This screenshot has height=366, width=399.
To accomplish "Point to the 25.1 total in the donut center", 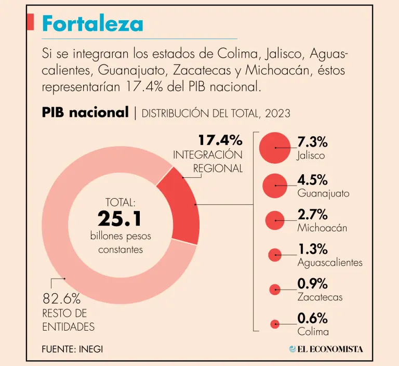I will pyautogui.click(x=119, y=219).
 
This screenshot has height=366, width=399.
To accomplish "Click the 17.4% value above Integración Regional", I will pyautogui.click(x=220, y=140).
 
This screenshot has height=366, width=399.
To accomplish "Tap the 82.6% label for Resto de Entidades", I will pyautogui.click(x=61, y=299).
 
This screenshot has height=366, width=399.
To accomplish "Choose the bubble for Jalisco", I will pyautogui.click(x=274, y=148).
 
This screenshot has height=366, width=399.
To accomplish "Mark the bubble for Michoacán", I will pyautogui.click(x=274, y=220).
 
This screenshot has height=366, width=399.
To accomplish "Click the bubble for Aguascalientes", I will pyautogui.click(x=274, y=255).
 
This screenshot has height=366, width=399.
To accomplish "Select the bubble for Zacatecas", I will pyautogui.click(x=274, y=290).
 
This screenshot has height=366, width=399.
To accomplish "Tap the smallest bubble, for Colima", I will pyautogui.click(x=274, y=324).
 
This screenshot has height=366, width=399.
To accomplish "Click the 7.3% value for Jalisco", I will pyautogui.click(x=312, y=141).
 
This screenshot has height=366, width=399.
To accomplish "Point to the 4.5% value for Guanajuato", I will pyautogui.click(x=312, y=180).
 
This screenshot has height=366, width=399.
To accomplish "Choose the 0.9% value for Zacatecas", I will pyautogui.click(x=312, y=283).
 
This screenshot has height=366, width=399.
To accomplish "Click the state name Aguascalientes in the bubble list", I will pyautogui.click(x=330, y=263).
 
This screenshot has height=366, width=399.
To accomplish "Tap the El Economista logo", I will pyautogui.click(x=326, y=349).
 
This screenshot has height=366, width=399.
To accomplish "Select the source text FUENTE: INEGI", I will pyautogui.click(x=72, y=349).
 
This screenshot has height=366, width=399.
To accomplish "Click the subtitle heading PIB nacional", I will pyautogui.click(x=85, y=112).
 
